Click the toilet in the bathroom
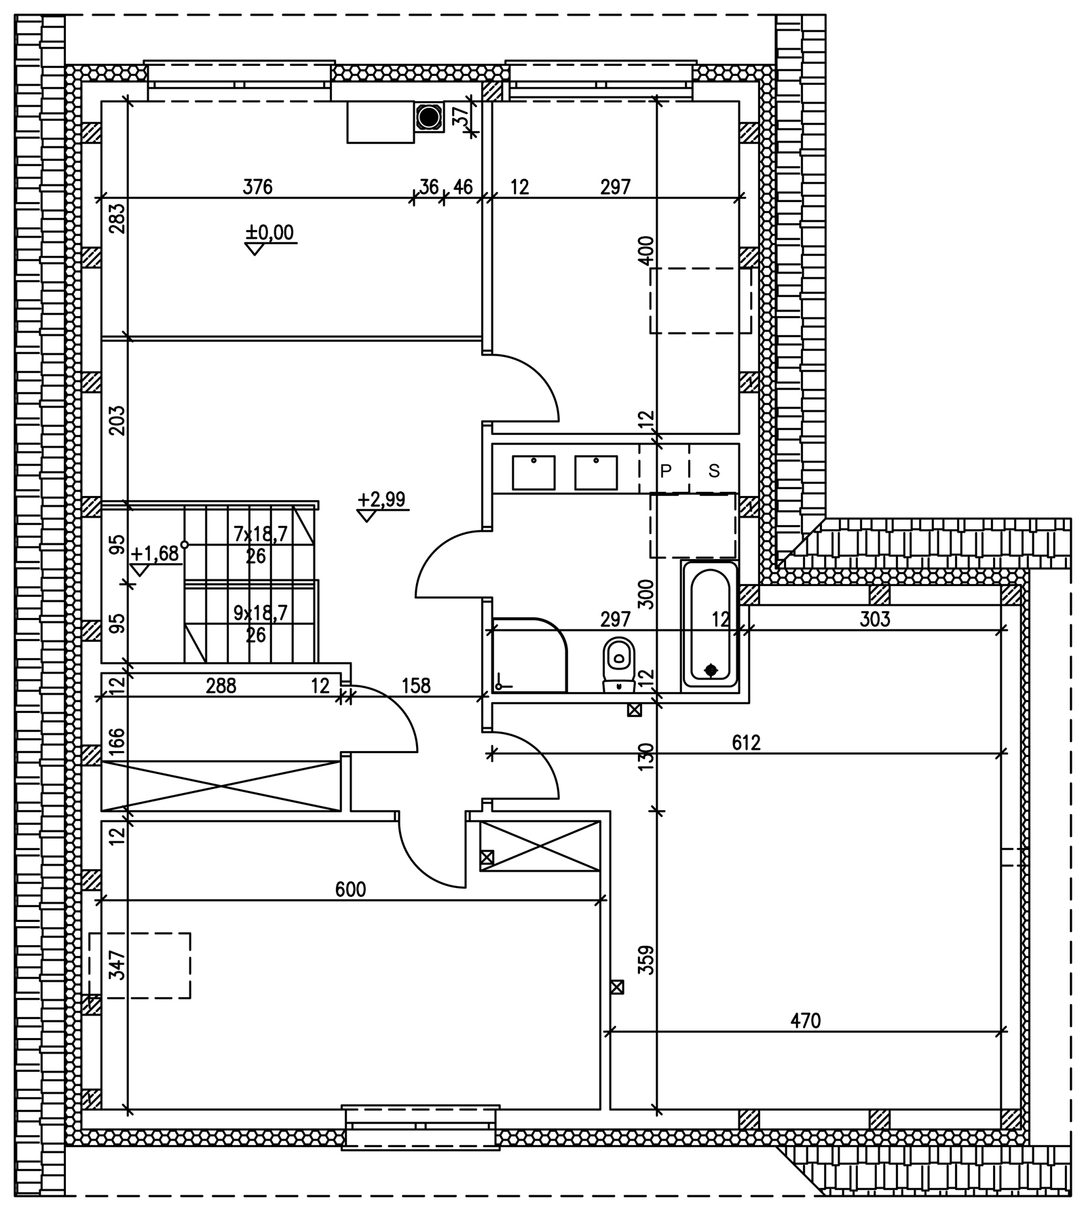coord(618,664)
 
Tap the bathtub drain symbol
coord(711,670)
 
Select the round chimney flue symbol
coord(428,117)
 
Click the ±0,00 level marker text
coord(270,233)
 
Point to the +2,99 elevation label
coord(381,499)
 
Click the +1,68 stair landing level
coord(155,554)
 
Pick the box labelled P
coord(665,469)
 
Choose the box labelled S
coord(714,469)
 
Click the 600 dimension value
coord(351,889)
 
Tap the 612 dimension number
coord(746,743)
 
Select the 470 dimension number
coord(806,1020)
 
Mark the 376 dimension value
coord(258,187)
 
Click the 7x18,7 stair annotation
coord(261,534)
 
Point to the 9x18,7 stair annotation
coord(261,613)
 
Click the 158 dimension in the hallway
coord(416,686)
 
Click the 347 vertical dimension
coord(117,965)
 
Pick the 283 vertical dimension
coord(117,218)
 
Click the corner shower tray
coord(529,655)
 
